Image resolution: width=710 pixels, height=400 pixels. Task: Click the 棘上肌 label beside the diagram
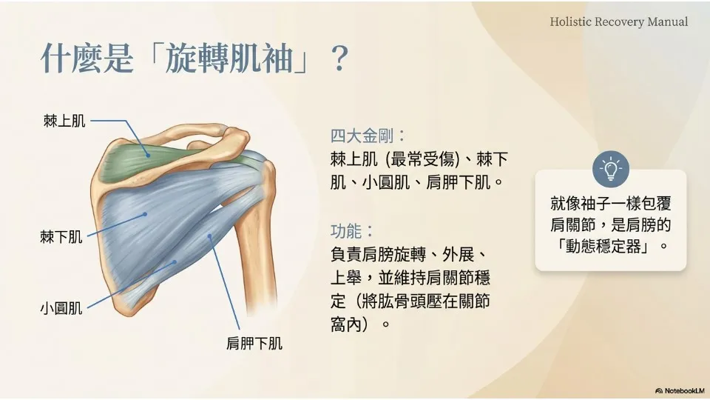pyautogui.click(x=64, y=121)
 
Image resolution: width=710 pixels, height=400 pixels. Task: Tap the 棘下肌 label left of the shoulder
pyautogui.click(x=61, y=237)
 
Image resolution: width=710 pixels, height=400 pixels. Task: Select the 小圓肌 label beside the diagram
pyautogui.click(x=61, y=308)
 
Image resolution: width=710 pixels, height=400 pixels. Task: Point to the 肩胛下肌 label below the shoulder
pyautogui.click(x=254, y=343)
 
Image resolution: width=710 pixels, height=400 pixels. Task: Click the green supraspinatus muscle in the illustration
pyautogui.click(x=136, y=159)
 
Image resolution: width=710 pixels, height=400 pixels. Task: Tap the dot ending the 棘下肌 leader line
pyautogui.click(x=146, y=214)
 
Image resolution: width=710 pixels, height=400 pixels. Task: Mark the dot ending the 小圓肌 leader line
pyautogui.click(x=175, y=261)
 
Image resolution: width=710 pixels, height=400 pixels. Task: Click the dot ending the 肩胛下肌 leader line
pyautogui.click(x=209, y=236)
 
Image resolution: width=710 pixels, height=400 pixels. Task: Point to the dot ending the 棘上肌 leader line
pyautogui.click(x=148, y=156)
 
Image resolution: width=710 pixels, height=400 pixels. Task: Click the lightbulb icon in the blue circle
pyautogui.click(x=611, y=169)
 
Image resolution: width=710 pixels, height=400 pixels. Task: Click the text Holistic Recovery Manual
pyautogui.click(x=618, y=21)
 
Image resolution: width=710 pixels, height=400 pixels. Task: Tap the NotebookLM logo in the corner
pyautogui.click(x=680, y=390)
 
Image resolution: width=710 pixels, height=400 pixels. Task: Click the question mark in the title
pyautogui.click(x=339, y=59)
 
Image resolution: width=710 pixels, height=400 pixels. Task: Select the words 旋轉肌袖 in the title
pyautogui.click(x=229, y=59)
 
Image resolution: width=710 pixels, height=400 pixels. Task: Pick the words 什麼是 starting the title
pyautogui.click(x=87, y=59)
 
